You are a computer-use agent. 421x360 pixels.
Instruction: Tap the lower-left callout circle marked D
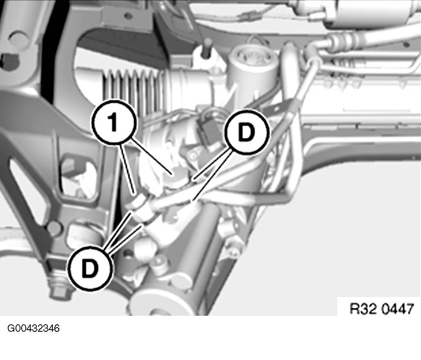coord(90,268)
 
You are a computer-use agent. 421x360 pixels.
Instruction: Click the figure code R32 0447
coord(381,308)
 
